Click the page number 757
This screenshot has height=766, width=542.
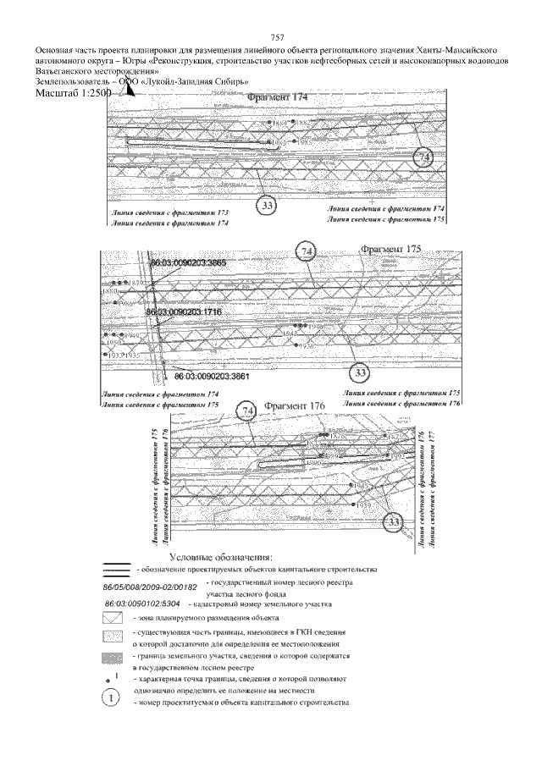275,37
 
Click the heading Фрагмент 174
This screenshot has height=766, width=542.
278,99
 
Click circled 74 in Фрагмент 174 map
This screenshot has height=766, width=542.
425,158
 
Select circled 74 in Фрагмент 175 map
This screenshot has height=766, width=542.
307,251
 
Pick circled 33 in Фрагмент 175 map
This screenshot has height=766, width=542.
361,373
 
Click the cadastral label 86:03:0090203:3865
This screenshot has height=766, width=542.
187,263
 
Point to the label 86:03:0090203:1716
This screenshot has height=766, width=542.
184,312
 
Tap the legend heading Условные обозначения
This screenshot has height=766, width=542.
222,558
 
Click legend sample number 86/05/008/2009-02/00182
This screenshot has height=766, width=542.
149,586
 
